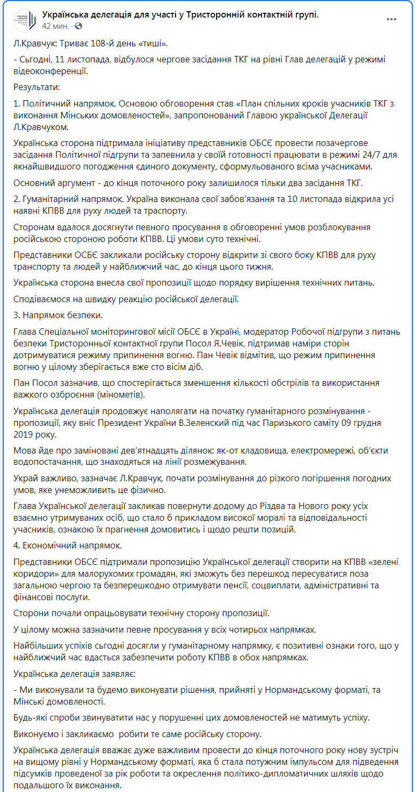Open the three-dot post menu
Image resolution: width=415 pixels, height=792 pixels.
click(392, 19)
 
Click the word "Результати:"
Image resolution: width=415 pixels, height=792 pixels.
click(37, 86)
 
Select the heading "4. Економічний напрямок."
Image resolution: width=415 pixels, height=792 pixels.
click(68, 545)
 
